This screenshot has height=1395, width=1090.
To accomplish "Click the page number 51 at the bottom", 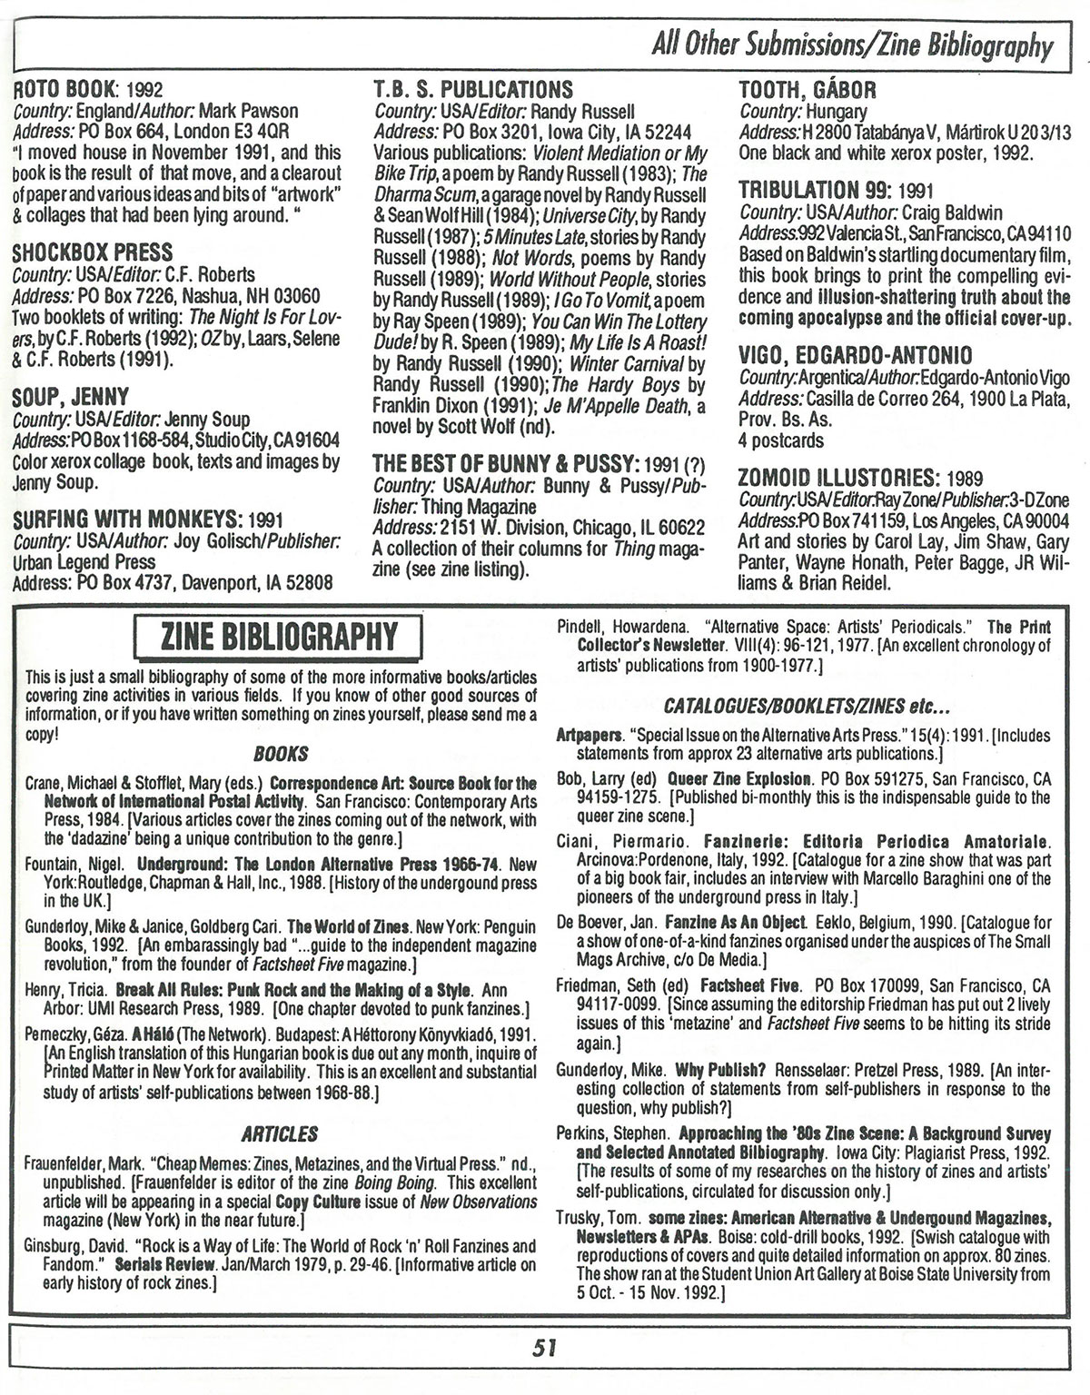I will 544,1348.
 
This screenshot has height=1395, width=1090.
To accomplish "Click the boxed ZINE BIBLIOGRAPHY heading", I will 278,637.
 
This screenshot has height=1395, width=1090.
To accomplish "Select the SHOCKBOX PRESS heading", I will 93,252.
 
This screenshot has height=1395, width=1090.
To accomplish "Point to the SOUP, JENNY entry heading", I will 71,396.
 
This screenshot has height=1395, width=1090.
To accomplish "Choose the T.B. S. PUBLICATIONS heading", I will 473,89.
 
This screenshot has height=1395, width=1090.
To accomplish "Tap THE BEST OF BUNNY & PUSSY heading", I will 508,462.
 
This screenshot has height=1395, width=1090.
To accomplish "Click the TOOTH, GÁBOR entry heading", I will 808,89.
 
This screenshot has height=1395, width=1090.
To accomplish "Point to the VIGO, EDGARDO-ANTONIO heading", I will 856,355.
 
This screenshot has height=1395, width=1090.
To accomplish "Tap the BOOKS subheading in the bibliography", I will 281,754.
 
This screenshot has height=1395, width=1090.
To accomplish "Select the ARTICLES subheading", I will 280,1134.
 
